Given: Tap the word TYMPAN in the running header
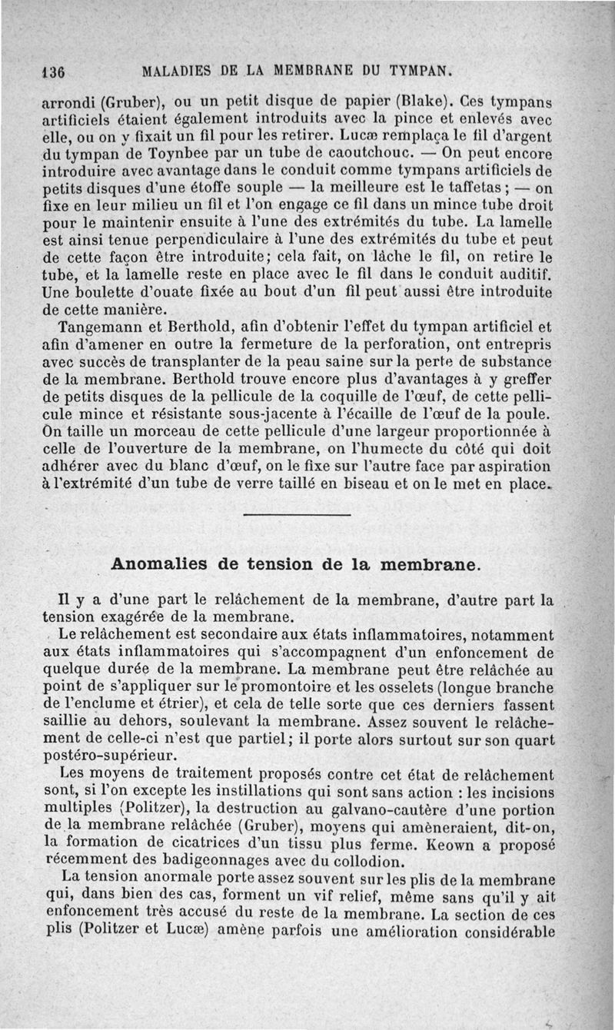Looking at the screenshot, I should (416, 73).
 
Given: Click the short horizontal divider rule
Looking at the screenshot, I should (296, 514).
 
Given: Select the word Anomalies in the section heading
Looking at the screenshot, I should (158, 563).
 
